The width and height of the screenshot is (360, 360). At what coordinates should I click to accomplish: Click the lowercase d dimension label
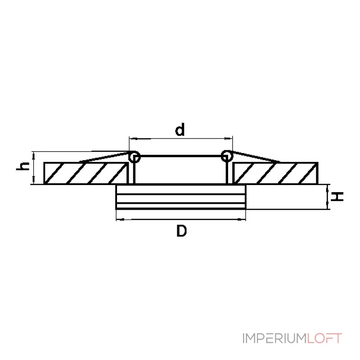[x=180, y=130]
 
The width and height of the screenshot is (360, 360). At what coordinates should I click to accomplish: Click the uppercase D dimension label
[x=181, y=231]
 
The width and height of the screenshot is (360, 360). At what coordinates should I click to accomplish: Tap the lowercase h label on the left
[x=23, y=166]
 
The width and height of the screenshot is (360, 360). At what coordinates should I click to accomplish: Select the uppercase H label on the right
[x=337, y=197]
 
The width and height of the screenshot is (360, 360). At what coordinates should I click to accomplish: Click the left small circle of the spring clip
[x=134, y=157]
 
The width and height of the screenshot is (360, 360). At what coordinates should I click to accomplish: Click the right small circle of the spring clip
[x=227, y=156]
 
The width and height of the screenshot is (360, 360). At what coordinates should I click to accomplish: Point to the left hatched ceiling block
[x=85, y=173]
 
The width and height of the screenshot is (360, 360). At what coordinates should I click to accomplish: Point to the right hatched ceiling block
[x=275, y=173]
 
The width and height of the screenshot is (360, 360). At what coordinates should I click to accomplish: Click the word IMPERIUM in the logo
[x=274, y=338]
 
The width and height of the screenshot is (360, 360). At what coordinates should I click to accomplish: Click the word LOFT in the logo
[x=324, y=338]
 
